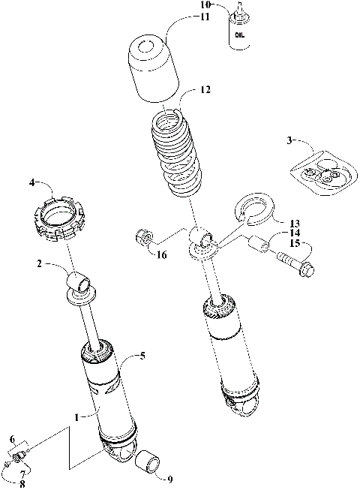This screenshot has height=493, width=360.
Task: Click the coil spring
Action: (178, 154)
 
